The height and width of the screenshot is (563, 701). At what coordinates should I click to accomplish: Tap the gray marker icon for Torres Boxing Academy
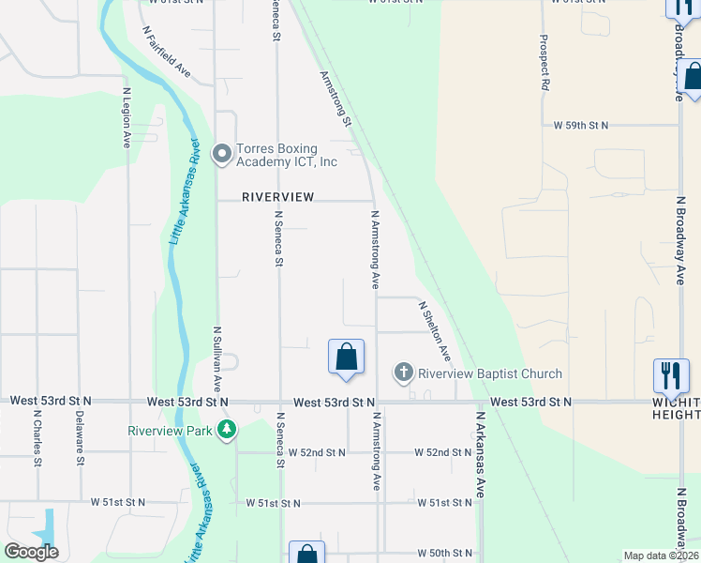point(222,153)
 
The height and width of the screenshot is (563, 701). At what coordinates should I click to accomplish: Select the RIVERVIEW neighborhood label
point(276,197)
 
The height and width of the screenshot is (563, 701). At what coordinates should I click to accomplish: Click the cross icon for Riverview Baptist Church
point(404,373)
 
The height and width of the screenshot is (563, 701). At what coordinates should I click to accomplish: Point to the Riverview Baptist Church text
point(490,373)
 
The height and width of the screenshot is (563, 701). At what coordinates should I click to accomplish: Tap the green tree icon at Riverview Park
point(226,430)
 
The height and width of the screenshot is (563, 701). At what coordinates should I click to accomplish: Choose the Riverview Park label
point(171,431)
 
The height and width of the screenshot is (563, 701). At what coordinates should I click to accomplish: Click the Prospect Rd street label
point(544,63)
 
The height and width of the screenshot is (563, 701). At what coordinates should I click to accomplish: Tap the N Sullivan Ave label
point(216,358)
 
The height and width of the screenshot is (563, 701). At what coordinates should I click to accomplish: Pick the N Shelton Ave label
point(435,331)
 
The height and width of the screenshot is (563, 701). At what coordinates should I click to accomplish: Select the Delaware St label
point(80,437)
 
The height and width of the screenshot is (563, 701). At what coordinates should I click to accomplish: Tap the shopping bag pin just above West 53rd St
point(346,358)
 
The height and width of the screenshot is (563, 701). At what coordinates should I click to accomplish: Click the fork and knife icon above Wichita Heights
point(671,376)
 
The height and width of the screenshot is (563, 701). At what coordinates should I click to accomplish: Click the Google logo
point(31,552)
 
